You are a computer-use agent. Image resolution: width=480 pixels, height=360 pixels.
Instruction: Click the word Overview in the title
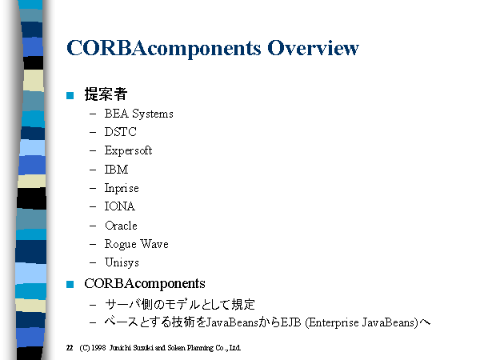(x=313, y=48)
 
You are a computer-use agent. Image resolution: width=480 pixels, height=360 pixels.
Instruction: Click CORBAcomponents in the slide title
(x=164, y=49)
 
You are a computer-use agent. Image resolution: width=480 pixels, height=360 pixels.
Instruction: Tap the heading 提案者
(x=106, y=94)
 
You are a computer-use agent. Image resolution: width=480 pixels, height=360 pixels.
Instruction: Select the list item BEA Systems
(x=138, y=114)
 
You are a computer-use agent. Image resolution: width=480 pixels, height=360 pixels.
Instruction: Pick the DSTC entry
(x=120, y=132)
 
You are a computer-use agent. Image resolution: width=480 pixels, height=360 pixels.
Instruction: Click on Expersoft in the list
(x=128, y=150)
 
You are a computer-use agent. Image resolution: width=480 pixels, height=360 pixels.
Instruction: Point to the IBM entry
(x=116, y=170)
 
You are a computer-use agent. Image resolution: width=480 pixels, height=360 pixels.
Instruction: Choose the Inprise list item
(x=122, y=188)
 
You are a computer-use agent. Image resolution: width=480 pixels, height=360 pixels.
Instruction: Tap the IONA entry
(x=120, y=206)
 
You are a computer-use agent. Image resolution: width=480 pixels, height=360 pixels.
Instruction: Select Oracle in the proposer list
(x=121, y=226)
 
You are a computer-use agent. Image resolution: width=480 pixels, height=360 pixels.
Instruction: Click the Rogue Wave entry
(x=137, y=244)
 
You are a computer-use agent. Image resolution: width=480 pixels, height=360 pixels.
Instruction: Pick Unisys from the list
(x=122, y=262)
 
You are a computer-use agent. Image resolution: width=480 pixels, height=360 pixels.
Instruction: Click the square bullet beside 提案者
(x=70, y=95)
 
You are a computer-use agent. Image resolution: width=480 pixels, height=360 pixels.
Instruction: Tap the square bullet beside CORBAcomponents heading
(x=70, y=284)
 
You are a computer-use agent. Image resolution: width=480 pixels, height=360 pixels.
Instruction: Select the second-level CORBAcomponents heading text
(x=145, y=284)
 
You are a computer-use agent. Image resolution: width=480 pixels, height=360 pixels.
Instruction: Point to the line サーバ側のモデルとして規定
(x=180, y=305)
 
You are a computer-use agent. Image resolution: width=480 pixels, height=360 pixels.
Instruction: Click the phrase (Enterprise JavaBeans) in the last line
(x=362, y=322)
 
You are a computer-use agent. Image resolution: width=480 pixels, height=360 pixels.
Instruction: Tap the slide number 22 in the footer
(x=70, y=348)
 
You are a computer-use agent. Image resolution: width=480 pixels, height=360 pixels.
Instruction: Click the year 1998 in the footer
(x=98, y=348)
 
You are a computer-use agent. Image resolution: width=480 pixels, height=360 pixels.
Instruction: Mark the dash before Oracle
(x=93, y=226)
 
